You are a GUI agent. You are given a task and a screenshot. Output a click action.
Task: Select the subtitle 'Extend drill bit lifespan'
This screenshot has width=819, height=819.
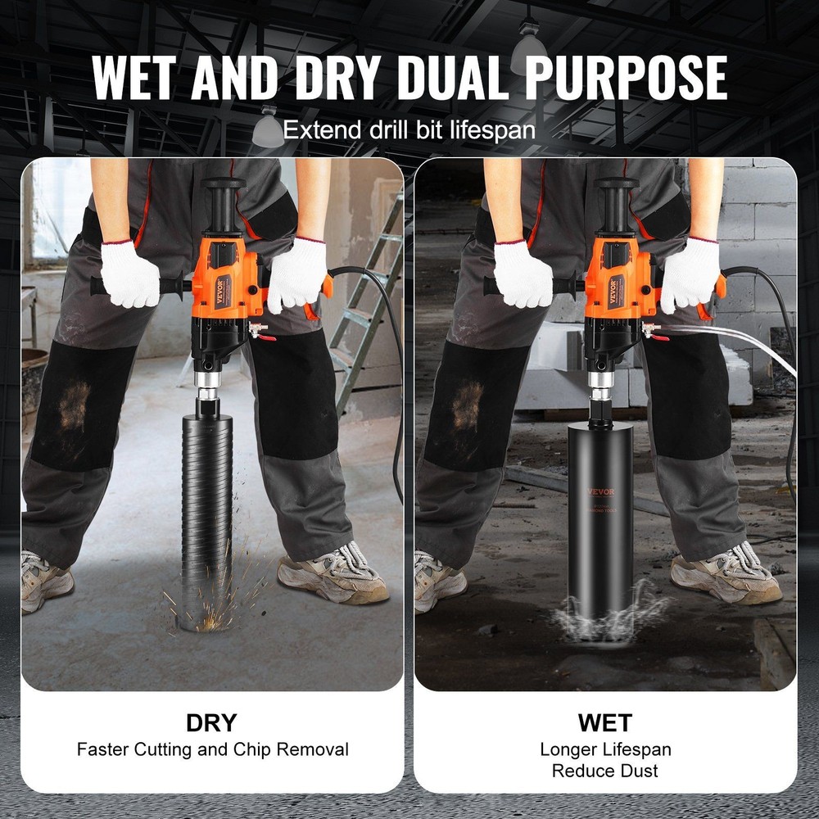coord(409,129)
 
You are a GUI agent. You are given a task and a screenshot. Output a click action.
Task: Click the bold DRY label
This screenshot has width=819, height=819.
coord(211,722)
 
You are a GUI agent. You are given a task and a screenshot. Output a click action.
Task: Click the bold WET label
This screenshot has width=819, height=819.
coord(604,722)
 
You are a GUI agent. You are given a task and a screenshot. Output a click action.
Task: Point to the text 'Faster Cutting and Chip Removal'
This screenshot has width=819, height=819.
coord(212,749)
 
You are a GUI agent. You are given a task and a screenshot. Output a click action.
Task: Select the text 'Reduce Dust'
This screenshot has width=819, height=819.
coord(604,770)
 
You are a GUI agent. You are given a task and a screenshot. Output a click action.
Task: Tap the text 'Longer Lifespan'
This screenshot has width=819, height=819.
coord(604,749)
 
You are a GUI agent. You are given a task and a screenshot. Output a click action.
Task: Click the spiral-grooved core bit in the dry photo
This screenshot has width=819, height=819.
coord(206,508)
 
